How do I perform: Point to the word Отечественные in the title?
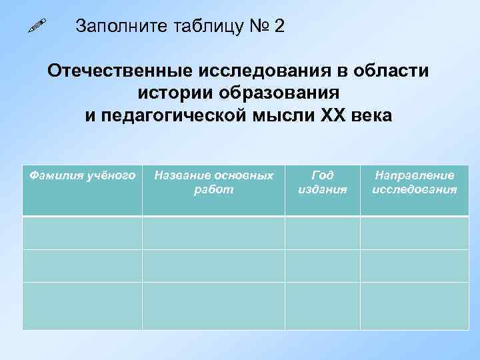point(119,71)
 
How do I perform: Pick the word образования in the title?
point(281,93)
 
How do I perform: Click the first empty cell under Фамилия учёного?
point(82,233)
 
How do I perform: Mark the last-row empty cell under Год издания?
point(323,306)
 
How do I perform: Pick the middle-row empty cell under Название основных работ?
point(213,265)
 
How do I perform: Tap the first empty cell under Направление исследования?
point(415,233)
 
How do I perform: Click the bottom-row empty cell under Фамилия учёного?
point(82,306)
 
